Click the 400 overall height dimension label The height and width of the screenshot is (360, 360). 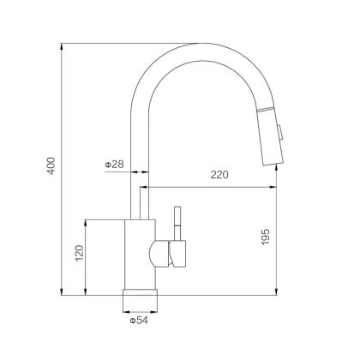[51, 165]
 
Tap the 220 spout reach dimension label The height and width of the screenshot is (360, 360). [219, 175]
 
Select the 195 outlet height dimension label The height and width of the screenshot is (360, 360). [266, 237]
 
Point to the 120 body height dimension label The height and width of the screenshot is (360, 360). [80, 253]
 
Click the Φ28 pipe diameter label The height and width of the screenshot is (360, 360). [114, 165]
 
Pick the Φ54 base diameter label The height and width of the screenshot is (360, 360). [139, 321]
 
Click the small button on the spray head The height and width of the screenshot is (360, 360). [279, 132]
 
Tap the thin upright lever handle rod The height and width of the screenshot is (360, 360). [177, 224]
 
